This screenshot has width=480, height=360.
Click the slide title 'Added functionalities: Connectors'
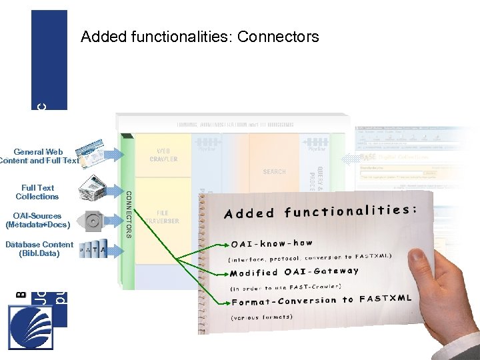pos(200,37)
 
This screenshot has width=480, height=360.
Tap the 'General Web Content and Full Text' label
pos(39,156)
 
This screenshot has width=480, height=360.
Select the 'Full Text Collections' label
pos(37,192)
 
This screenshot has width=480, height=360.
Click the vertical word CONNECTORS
pos(129,213)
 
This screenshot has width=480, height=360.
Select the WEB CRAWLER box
pos(163,155)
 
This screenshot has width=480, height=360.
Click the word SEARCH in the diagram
pos(274,171)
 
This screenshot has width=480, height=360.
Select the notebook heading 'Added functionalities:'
pos(320,211)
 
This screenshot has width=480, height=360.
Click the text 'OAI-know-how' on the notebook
pos(271,243)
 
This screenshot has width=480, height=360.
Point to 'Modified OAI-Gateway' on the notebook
pos(294,272)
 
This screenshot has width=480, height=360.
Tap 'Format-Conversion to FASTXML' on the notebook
pos(321,300)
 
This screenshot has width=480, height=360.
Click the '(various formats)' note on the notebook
pos(261,317)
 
